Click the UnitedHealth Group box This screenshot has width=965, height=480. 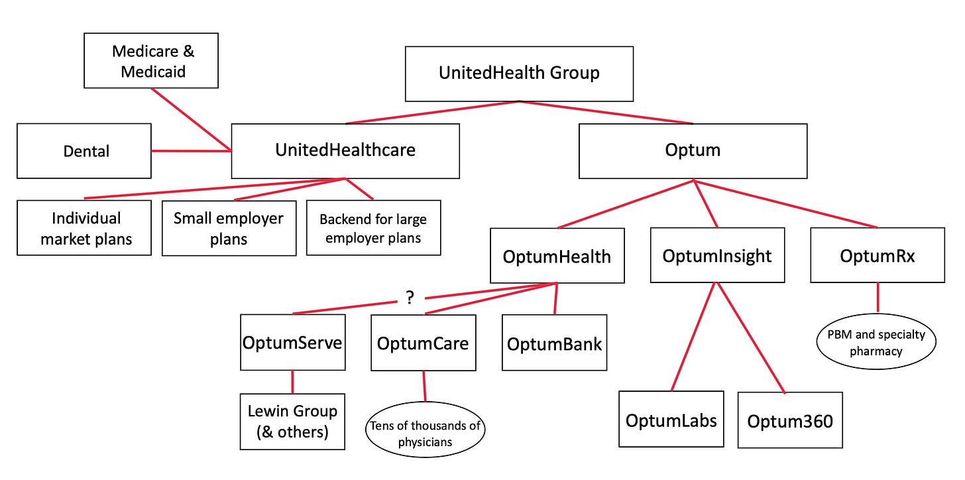pyautogui.click(x=519, y=74)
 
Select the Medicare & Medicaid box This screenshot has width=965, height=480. pyautogui.click(x=151, y=61)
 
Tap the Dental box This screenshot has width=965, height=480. pyautogui.click(x=84, y=151)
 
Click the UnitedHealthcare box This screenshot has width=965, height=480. pyautogui.click(x=345, y=150)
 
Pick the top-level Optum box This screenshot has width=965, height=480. pyautogui.click(x=693, y=150)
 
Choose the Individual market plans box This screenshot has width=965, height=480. pyautogui.click(x=84, y=228)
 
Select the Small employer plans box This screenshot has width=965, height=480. pyautogui.click(x=229, y=228)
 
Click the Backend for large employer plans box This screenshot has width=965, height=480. pyautogui.click(x=373, y=228)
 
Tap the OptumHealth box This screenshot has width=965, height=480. pyautogui.click(x=557, y=256)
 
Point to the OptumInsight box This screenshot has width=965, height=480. pyautogui.click(x=717, y=256)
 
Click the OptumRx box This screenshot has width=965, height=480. pyautogui.click(x=877, y=256)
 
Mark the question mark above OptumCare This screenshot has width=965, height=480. pyautogui.click(x=410, y=298)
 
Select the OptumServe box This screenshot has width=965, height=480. pyautogui.click(x=292, y=343)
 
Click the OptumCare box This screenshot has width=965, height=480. pyautogui.click(x=423, y=343)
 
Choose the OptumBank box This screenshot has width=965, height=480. pyautogui.click(x=555, y=343)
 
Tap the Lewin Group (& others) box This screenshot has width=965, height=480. pyautogui.click(x=292, y=421)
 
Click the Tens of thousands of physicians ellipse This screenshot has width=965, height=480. pyautogui.click(x=425, y=433)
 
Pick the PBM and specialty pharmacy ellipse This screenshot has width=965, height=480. pyautogui.click(x=877, y=342)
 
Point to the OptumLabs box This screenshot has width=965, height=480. pyautogui.click(x=671, y=420)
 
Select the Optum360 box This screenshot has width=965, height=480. pyautogui.click(x=790, y=420)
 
